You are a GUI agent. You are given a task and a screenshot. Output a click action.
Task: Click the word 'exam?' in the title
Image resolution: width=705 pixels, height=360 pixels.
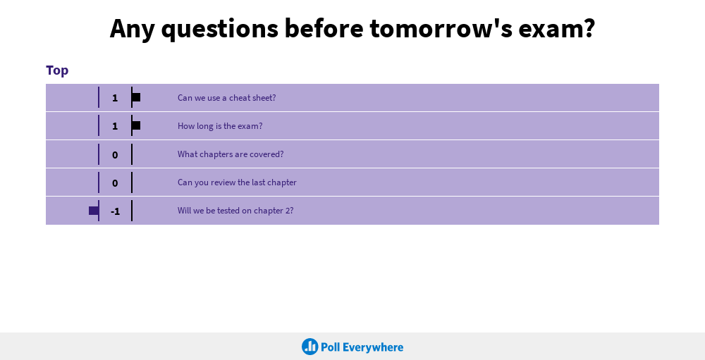point(557,28)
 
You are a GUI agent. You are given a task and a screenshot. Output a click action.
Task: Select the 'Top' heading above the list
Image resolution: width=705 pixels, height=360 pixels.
point(57,70)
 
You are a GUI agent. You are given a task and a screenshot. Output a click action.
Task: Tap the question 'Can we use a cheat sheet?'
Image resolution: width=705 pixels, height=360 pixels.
point(226,97)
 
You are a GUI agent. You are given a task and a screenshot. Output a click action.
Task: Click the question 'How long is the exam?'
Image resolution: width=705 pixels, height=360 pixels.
point(220,126)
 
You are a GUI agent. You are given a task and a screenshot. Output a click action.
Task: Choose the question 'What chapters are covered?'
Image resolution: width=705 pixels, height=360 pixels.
point(231,154)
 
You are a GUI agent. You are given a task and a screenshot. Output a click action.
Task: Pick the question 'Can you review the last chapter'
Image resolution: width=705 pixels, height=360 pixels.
point(237,182)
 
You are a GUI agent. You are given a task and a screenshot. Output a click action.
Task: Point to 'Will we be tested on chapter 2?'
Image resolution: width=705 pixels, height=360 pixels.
point(235,211)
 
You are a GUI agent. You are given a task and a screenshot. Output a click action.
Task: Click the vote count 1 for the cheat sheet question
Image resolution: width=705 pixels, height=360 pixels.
point(115,98)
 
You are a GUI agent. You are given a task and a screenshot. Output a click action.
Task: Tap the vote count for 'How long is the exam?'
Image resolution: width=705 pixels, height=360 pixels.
point(115,126)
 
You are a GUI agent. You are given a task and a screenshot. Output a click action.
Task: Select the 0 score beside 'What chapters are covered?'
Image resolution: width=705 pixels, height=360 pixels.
point(115,155)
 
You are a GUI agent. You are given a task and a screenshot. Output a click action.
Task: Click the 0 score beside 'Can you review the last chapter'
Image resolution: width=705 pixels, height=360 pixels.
point(115,183)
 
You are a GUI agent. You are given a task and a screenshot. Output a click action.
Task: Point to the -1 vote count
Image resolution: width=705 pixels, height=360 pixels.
point(115,211)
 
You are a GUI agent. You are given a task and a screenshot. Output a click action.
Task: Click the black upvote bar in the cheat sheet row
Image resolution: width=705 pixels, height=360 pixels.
point(136,97)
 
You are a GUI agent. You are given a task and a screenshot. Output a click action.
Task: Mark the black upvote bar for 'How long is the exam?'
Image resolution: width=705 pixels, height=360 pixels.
point(136,125)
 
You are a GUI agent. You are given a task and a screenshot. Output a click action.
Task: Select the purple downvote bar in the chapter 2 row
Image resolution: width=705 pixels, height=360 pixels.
point(94,211)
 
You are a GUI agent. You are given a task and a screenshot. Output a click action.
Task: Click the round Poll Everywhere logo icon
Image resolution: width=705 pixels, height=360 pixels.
point(309,347)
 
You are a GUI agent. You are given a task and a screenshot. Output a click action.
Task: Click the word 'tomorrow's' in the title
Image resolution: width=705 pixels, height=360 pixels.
point(441,28)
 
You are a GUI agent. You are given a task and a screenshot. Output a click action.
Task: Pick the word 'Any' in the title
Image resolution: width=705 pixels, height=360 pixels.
point(133,30)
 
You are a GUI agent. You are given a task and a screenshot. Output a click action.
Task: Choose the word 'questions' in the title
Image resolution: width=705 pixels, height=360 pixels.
point(220,30)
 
